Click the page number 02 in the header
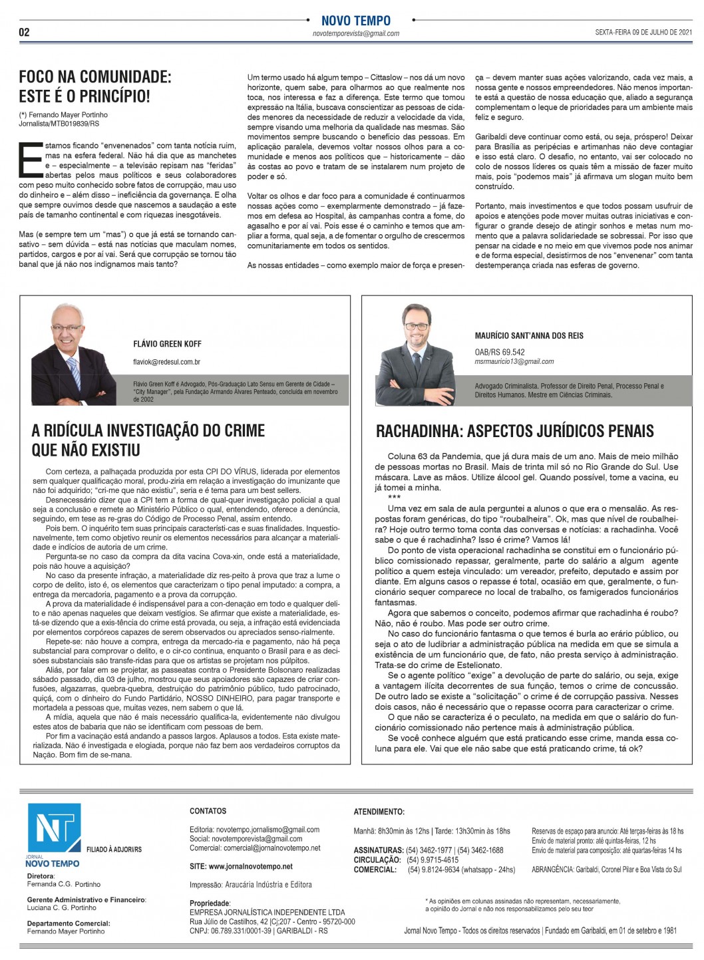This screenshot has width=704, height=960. coord(25,32)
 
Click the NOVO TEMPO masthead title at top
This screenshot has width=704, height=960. coord(356,21)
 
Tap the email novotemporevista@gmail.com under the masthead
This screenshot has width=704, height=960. coord(356,33)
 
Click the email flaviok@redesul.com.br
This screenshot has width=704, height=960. coord(167,362)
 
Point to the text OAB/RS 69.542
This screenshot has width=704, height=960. coord(500,352)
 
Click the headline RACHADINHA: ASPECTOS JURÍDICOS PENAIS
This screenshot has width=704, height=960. coord(515,431)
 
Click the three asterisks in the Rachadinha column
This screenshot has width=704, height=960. coord(394,498)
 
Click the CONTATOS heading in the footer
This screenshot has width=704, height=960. coord(208,811)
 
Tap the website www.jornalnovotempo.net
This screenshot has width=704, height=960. coord(241,867)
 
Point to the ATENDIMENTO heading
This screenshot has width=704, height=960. coord(379,812)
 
